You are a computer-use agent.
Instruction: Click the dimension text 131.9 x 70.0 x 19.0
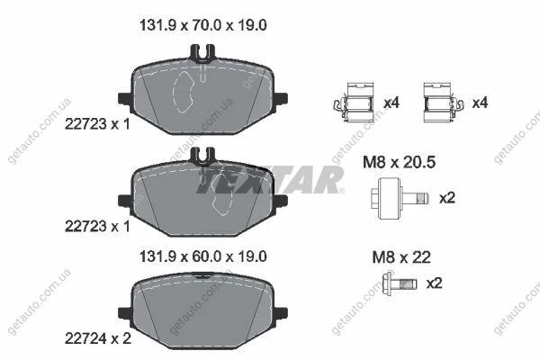[203, 25]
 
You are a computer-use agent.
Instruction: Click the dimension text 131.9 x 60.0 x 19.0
[203, 256]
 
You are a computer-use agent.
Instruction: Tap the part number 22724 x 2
[98, 338]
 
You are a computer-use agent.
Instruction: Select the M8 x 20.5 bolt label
[399, 162]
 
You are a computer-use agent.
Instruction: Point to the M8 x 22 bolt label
[401, 257]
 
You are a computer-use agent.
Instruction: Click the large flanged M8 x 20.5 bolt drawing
[400, 198]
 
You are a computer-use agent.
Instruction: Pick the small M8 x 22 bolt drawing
[400, 283]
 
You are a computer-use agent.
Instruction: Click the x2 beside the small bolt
[435, 283]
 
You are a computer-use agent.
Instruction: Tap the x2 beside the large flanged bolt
[447, 198]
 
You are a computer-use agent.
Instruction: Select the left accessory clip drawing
[354, 103]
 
